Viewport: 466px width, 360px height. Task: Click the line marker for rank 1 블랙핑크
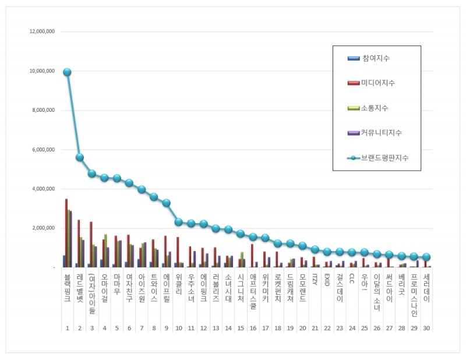[67, 72]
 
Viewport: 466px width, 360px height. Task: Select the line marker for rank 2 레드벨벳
[80, 157]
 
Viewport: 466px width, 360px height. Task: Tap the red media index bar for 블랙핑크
[66, 233]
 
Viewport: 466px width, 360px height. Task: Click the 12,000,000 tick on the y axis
[42, 31]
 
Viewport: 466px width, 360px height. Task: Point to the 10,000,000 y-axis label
[42, 71]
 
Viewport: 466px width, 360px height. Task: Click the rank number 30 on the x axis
[427, 329]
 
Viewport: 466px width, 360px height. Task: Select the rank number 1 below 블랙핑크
[67, 329]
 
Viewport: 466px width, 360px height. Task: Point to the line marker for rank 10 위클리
[179, 222]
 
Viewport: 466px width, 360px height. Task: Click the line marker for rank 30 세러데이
[427, 257]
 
